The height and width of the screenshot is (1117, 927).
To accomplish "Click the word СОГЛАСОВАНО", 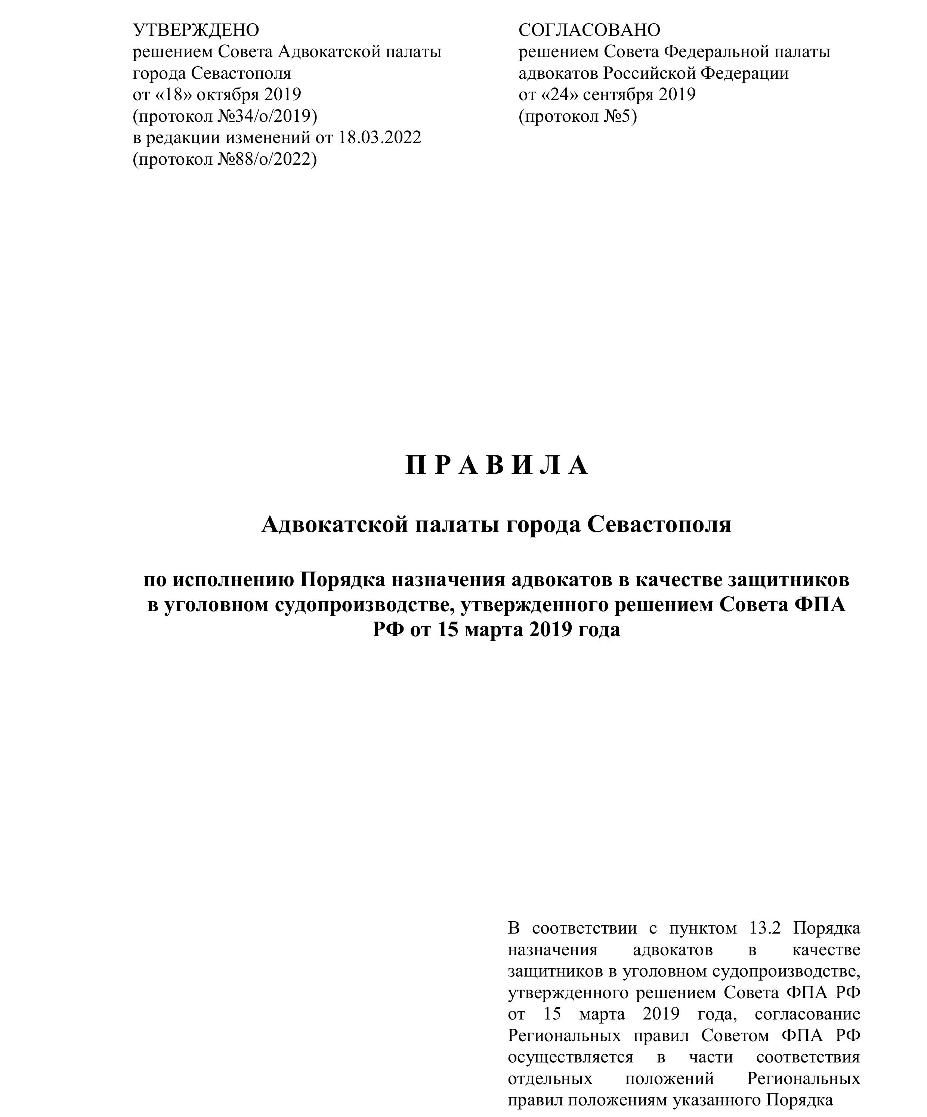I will coord(589,30).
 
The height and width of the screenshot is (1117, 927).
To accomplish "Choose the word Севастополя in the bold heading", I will coord(659,525).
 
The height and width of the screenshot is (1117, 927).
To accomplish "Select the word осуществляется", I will coord(570,1056).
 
